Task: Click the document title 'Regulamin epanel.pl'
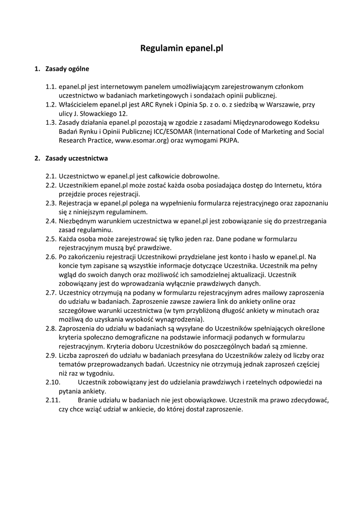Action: pyautogui.click(x=181, y=49)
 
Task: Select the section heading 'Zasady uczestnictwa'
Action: pyautogui.click(x=76, y=158)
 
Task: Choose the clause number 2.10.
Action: pyautogui.click(x=53, y=382)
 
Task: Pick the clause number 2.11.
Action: pyautogui.click(x=53, y=400)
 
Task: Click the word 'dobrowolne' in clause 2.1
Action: pyautogui.click(x=199, y=176)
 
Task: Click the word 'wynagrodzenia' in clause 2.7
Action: pyautogui.click(x=181, y=319)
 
